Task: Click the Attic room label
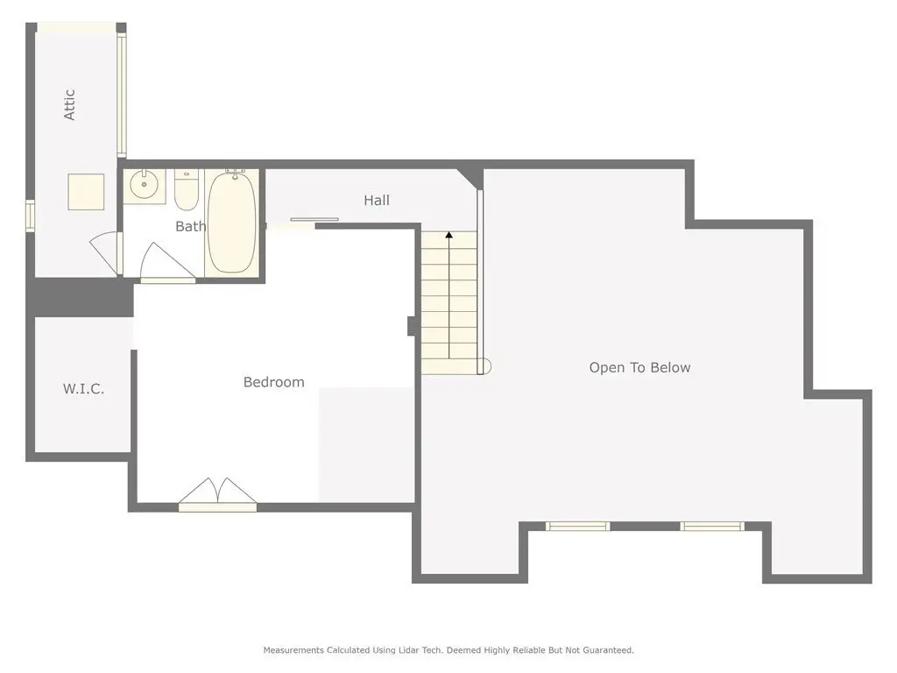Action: [69, 105]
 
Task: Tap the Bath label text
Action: [190, 227]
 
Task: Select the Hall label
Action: [377, 201]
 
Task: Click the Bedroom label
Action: [273, 382]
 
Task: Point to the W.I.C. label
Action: [83, 389]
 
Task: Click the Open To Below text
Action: [639, 367]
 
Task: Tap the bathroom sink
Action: [145, 184]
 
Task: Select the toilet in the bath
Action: [186, 190]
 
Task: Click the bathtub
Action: [231, 222]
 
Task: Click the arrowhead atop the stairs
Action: [449, 235]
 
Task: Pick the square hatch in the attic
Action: [86, 192]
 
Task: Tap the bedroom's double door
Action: [217, 494]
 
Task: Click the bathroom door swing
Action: [166, 263]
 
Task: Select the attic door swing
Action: [106, 252]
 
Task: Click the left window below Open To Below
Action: [577, 526]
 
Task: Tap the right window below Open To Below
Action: [712, 526]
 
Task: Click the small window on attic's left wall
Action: [30, 215]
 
